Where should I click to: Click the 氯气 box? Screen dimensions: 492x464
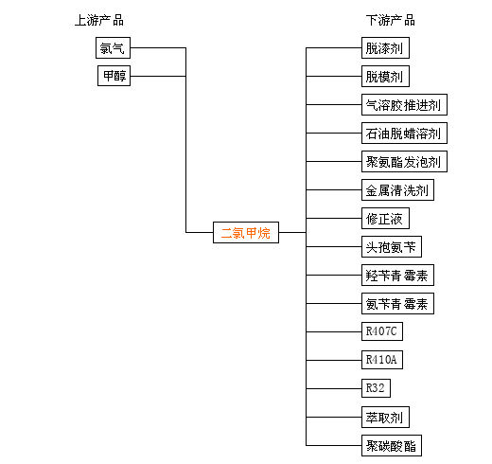click(x=113, y=48)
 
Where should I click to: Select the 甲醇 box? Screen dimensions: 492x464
click(x=114, y=76)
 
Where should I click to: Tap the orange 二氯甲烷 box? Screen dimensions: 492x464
click(x=246, y=233)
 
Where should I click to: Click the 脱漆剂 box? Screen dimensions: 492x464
click(x=385, y=48)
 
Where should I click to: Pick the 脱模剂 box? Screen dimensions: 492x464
click(x=385, y=77)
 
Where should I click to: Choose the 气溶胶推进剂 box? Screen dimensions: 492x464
click(x=404, y=105)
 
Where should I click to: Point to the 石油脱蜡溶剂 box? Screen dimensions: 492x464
click(x=404, y=134)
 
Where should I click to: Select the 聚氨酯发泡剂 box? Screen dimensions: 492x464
click(x=404, y=162)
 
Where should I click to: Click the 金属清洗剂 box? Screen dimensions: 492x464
click(x=397, y=190)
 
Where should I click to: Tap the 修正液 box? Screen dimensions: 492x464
click(x=385, y=219)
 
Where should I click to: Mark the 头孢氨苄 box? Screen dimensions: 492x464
click(x=392, y=247)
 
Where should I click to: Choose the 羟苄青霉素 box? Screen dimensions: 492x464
click(x=397, y=276)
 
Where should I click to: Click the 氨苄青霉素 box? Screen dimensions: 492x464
click(x=397, y=304)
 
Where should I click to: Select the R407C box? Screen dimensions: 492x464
click(x=382, y=331)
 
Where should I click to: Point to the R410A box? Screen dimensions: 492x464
click(x=382, y=360)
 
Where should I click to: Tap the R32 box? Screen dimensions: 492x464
click(x=376, y=388)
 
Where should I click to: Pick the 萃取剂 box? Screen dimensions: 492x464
click(x=385, y=418)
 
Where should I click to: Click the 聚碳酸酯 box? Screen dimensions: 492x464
click(x=392, y=446)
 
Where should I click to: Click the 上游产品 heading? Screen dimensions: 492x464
click(x=99, y=20)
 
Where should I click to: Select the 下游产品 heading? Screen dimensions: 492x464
click(x=391, y=20)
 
